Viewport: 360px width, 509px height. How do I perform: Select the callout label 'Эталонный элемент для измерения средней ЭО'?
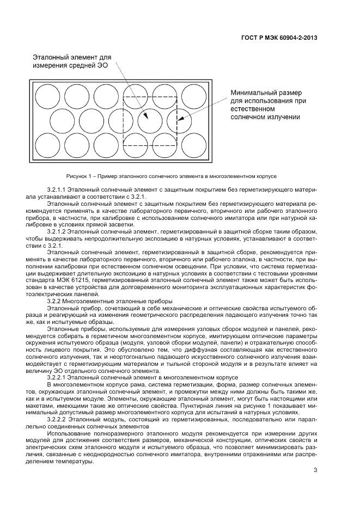pos(72,61)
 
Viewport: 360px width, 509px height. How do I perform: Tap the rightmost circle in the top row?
pos(193,96)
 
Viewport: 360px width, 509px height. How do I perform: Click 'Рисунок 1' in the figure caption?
pos(79,177)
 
